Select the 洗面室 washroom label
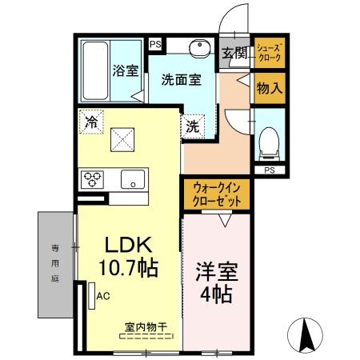coord(180,79)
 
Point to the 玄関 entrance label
coord(234,54)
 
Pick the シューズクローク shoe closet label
coord(268,54)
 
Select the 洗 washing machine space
coord(194,126)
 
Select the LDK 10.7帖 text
coord(127,254)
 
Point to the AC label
coord(103,295)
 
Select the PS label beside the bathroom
coord(155,45)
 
